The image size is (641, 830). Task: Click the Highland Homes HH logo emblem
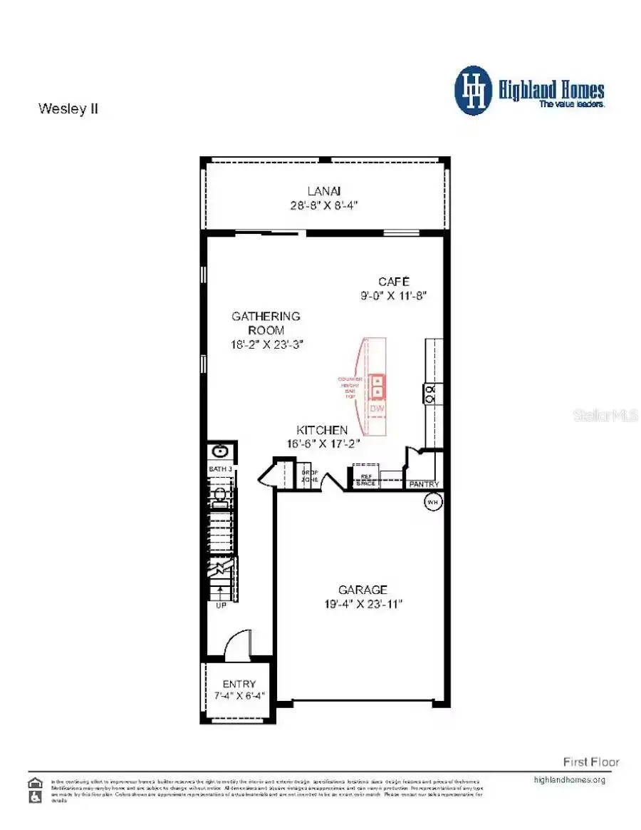(x=473, y=91)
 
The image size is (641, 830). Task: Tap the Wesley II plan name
(x=68, y=109)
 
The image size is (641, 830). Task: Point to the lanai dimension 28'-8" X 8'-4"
(x=323, y=205)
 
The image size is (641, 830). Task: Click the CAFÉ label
(x=393, y=281)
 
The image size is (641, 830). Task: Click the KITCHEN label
(x=322, y=430)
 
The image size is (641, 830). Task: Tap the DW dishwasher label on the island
(x=377, y=409)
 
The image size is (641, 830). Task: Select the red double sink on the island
(x=377, y=386)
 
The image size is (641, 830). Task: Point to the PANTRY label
(x=424, y=485)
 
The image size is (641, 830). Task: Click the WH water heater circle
(x=432, y=502)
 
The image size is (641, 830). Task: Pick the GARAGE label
(x=363, y=590)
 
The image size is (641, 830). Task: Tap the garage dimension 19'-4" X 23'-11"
(x=365, y=604)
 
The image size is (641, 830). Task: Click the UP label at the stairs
(x=221, y=605)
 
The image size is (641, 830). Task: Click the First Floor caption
(x=591, y=762)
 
